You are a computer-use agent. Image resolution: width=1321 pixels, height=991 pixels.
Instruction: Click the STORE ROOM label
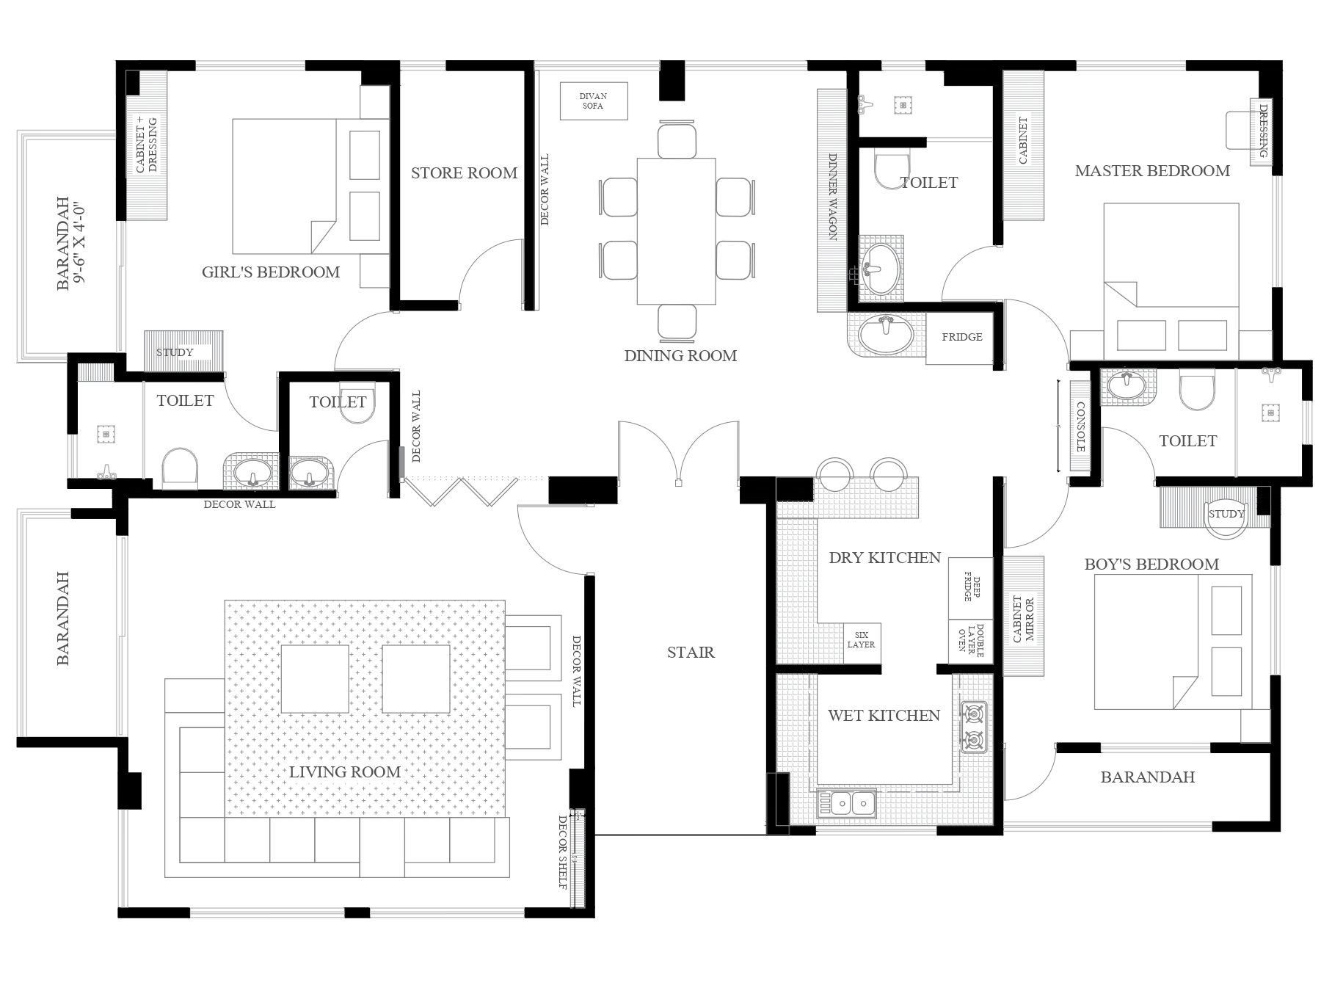pos(464,173)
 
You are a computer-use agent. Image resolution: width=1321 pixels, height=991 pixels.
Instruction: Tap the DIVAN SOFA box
pos(594,101)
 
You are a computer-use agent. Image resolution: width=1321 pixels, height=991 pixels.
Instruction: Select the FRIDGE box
pos(961,338)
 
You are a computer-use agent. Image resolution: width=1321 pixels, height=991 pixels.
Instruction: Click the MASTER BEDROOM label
pos(1152,171)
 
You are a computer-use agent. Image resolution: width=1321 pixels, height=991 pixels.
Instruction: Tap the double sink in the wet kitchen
pos(846,804)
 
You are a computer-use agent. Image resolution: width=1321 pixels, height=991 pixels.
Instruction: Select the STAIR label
pos(691,653)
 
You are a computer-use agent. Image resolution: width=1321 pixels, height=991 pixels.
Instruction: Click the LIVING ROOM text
pos(344,772)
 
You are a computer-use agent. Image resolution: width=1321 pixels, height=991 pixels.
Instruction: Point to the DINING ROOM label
pos(680,356)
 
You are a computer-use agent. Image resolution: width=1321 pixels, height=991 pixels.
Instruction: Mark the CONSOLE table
pos(1080,426)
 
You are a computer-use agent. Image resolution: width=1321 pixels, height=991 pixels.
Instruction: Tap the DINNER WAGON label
pos(832,196)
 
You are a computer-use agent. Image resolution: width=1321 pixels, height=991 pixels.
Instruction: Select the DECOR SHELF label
pos(563,852)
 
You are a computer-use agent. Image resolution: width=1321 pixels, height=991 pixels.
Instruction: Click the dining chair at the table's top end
pos(677,141)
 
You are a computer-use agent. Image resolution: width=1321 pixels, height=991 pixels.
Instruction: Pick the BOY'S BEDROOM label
pos(1151,565)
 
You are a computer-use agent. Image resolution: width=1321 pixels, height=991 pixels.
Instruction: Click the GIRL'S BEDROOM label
pos(271,272)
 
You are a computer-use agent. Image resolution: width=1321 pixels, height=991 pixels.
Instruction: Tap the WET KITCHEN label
pos(884,716)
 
